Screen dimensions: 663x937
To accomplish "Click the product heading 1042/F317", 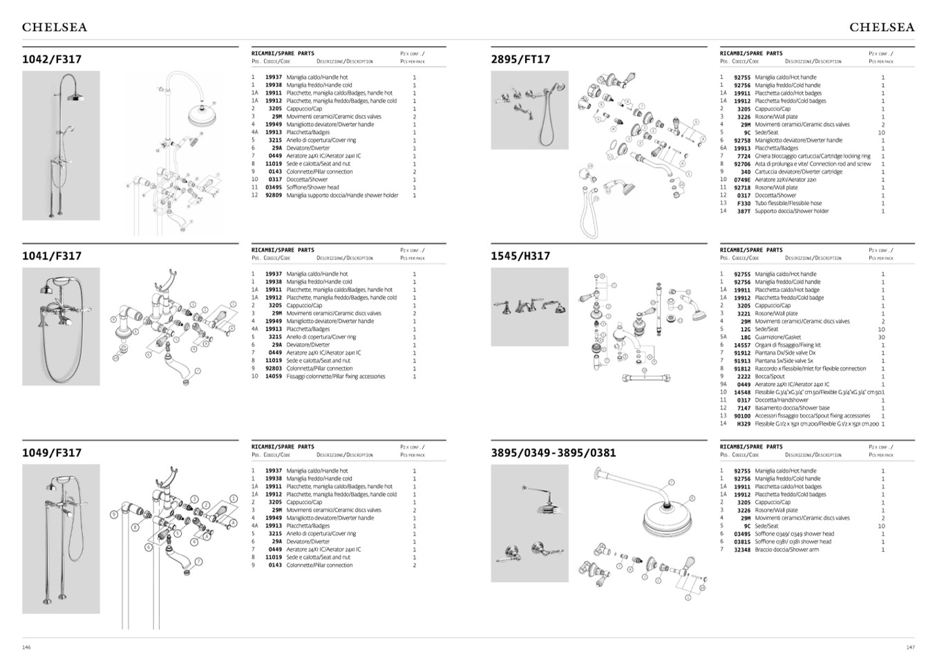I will point(52,59).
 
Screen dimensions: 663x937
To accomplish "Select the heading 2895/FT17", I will point(520,59).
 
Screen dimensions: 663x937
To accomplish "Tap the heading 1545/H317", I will point(520,256).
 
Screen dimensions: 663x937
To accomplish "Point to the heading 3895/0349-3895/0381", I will point(553,453).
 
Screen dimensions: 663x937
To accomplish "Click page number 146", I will point(26,647).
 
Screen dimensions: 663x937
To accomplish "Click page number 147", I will point(910,647).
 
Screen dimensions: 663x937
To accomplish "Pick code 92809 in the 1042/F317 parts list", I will point(274,196).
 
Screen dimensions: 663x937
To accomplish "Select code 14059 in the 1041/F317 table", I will point(274,377).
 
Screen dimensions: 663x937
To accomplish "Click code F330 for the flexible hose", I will point(744,203).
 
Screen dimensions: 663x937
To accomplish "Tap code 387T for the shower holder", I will point(744,212).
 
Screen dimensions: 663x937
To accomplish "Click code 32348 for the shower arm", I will point(742,550).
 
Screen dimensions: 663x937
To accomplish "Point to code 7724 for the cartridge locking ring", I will point(744,156).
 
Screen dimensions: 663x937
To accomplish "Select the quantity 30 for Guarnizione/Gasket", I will point(882,337).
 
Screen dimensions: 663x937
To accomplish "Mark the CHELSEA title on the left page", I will point(55,28).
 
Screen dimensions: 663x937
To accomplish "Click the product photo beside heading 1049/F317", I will point(61,539).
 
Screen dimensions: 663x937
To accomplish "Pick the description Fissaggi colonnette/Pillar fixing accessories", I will point(336,377).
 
